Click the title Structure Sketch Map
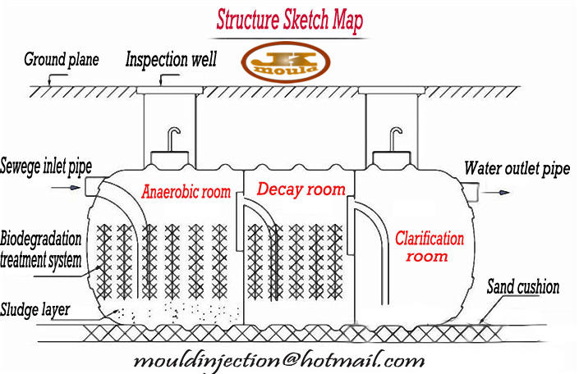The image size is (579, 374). tap(289, 20)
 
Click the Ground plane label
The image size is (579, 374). tap(61, 59)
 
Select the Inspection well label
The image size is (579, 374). tap(172, 59)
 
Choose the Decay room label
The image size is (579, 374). tap(301, 189)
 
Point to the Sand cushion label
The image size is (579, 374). tap(523, 287)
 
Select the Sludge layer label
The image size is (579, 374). tap(37, 309)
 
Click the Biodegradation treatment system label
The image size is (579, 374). tap(41, 250)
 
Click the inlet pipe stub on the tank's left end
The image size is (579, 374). tap(93, 187)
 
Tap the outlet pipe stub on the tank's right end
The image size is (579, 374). tap(474, 193)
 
